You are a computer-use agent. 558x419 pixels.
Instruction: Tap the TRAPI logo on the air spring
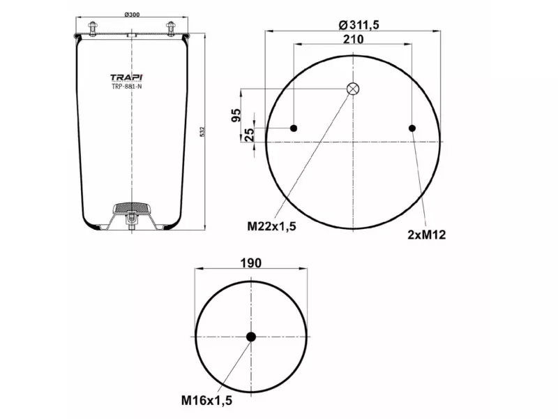127,78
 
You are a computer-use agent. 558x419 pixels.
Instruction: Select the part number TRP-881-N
127,87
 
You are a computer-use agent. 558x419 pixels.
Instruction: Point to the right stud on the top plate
170,29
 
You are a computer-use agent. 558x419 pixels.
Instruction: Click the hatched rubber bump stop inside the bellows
130,207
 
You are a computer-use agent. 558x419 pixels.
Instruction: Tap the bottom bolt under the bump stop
130,223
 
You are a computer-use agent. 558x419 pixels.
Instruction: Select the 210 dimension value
353,39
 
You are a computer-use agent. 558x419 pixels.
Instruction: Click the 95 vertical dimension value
236,115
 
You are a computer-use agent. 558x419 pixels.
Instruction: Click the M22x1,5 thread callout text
272,226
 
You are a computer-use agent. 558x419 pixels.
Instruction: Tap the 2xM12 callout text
426,235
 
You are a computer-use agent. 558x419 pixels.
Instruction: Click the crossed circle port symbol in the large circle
353,89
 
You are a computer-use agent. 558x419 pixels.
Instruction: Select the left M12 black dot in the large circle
294,128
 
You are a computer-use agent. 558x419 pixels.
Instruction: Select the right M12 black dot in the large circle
412,128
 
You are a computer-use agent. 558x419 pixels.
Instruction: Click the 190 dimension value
251,263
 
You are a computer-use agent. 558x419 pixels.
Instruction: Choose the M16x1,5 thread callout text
206,400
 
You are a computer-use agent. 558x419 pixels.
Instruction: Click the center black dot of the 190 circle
251,337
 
